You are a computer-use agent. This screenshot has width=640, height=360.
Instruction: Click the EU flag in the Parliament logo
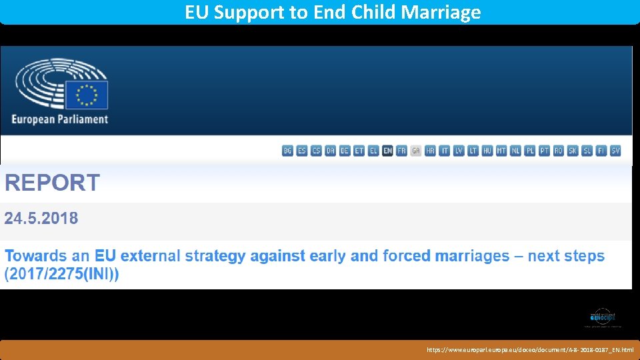91,95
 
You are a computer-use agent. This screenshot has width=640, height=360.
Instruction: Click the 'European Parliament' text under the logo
59,119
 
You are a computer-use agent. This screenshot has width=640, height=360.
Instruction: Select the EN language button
387,151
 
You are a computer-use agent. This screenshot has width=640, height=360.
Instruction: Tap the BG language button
287,151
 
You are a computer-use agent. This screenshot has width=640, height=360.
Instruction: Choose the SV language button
615,151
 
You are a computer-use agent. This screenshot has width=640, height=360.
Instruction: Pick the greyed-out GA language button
416,151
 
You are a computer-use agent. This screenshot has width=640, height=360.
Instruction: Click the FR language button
401,151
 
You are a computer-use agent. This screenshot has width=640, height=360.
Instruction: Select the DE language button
345,151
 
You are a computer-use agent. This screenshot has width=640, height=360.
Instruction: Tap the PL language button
530,151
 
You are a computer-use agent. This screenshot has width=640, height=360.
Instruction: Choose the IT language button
445,151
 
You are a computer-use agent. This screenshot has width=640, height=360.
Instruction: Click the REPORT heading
53,183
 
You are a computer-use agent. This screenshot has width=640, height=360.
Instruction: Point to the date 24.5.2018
41,218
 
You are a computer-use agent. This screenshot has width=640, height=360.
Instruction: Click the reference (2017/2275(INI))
62,275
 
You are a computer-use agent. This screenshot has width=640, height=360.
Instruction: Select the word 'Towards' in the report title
37,256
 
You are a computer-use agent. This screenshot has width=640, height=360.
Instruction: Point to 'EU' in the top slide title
196,12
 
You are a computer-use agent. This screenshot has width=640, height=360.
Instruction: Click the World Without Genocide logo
603,317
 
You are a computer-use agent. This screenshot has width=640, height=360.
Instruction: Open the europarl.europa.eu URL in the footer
530,349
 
